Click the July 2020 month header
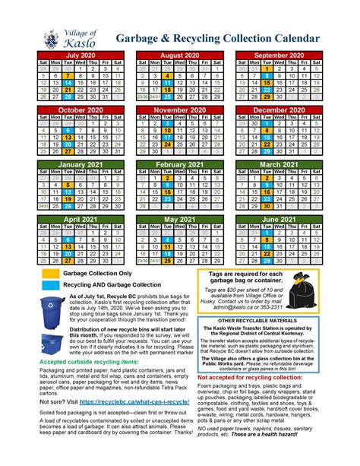coord(79,55)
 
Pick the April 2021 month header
coord(79,219)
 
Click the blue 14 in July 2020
coord(67,82)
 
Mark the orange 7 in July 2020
coord(67,75)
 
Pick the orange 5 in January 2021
coord(67,185)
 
